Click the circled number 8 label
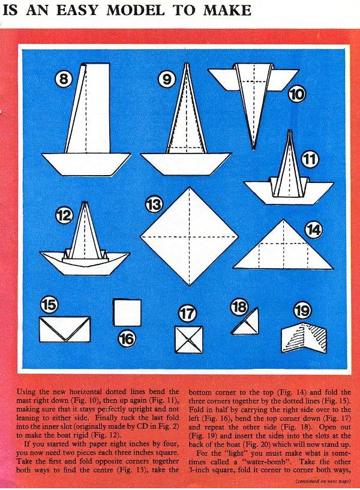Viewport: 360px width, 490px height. [x=64, y=79]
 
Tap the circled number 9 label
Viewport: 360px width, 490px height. [x=167, y=79]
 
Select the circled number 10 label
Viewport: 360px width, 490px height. [x=296, y=94]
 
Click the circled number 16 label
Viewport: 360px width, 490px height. [x=127, y=339]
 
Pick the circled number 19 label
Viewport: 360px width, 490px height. [x=302, y=311]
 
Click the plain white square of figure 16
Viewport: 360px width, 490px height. [x=127, y=312]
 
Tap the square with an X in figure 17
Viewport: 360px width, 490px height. [x=188, y=339]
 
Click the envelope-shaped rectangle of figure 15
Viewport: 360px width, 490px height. [x=65, y=329]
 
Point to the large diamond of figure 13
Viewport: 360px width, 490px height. [x=189, y=236]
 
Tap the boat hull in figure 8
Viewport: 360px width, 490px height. [x=86, y=164]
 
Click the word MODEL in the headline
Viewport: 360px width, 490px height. [x=135, y=10]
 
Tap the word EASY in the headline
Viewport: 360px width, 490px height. [x=78, y=10]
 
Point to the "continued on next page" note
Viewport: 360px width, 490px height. [x=323, y=481]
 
